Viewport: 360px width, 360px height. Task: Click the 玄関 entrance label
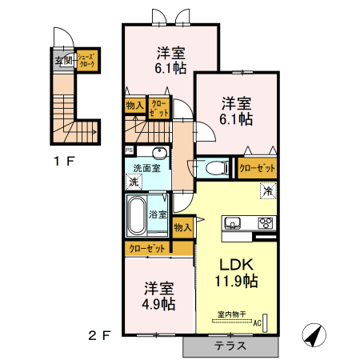pos(63,60)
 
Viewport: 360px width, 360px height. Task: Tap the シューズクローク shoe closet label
pos(88,60)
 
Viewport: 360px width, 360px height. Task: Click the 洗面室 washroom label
pos(146,167)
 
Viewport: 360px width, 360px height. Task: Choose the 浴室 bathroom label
pos(158,214)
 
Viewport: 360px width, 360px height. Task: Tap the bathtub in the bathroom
pos(135,214)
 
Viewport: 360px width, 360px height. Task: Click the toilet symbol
pos(214,169)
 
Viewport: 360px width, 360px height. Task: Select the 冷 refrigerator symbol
pos(268,191)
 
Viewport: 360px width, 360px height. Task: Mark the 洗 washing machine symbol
pos(134,182)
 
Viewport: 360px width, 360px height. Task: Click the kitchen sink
pos(233,222)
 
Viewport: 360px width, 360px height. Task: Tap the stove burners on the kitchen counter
pos(264,222)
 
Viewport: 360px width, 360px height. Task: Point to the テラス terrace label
pos(230,346)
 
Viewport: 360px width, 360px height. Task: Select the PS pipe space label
pos(129,150)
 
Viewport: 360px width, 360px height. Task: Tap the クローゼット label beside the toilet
pos(257,168)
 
